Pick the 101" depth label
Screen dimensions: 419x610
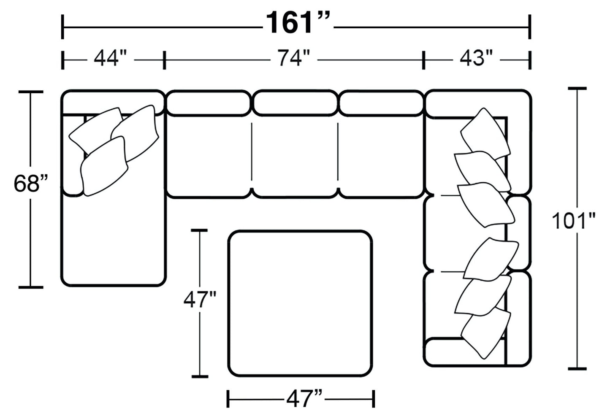pyautogui.click(x=574, y=221)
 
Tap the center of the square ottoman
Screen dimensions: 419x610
pyautogui.click(x=300, y=303)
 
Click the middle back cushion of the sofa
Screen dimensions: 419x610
pyautogui.click(x=296, y=103)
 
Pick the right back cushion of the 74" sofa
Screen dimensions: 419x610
pyautogui.click(x=381, y=103)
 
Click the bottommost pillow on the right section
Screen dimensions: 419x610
pyautogui.click(x=486, y=333)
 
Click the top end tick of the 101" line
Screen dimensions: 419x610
pyautogui.click(x=577, y=89)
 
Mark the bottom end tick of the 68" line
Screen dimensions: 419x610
pyautogui.click(x=31, y=287)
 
